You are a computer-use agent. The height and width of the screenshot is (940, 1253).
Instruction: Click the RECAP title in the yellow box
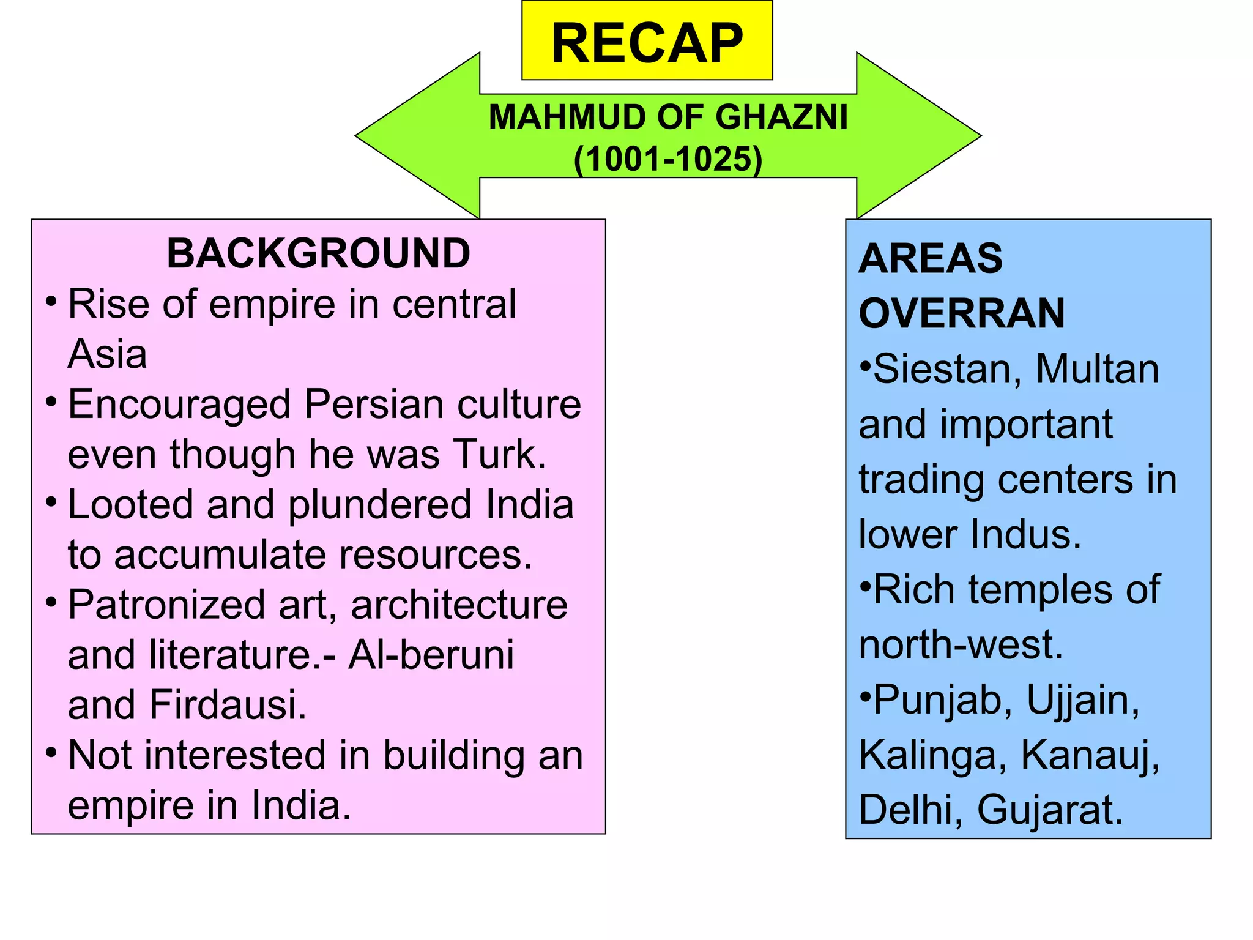(647, 43)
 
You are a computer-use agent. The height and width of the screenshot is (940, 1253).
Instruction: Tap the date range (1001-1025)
(668, 159)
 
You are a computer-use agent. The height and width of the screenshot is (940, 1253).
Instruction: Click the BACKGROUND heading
(318, 253)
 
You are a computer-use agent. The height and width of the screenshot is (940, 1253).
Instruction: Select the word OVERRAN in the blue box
(962, 313)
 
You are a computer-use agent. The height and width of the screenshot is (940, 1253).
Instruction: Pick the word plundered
(379, 505)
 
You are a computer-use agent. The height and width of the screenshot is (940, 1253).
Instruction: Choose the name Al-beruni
(431, 655)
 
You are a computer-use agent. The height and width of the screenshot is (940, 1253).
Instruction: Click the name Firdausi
(228, 705)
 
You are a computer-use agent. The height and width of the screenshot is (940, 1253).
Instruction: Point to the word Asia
(107, 354)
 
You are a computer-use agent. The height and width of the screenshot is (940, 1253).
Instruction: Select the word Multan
(1097, 369)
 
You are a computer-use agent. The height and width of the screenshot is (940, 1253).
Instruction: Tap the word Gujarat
(1050, 810)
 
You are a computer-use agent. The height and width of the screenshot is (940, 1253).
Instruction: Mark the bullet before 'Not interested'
(52, 752)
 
